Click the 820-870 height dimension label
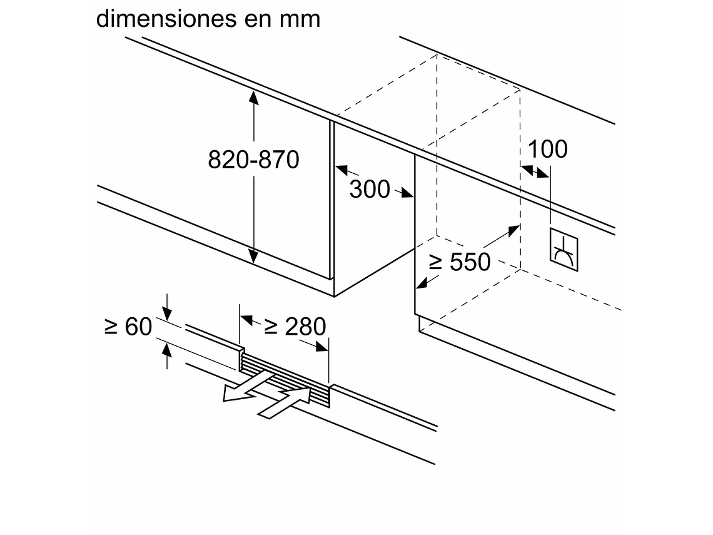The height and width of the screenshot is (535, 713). tap(253, 160)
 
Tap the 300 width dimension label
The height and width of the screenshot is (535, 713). tap(369, 189)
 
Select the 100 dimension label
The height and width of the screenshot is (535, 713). tap(548, 150)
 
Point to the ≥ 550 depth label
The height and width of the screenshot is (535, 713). tap(460, 262)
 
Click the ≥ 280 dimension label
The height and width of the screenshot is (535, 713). tap(295, 326)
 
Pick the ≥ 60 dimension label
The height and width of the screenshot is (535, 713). tap(128, 326)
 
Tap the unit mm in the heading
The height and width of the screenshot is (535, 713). tap(301, 18)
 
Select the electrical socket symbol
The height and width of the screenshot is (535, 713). tap(564, 250)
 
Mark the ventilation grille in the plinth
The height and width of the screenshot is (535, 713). tap(285, 377)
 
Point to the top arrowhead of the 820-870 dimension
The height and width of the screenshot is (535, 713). tap(253, 96)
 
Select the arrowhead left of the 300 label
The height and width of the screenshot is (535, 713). tap(341, 168)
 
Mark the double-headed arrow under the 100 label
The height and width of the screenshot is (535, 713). tap(534, 170)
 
